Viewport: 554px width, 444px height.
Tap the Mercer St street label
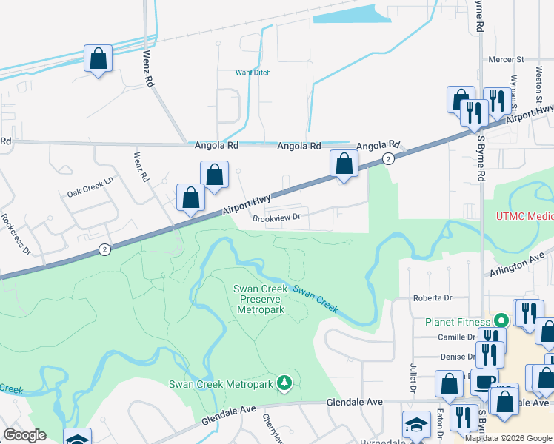(506, 59)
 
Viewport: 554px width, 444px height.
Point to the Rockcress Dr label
(16, 234)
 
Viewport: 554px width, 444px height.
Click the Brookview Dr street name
(276, 218)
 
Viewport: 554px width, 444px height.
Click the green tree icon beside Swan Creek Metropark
(283, 383)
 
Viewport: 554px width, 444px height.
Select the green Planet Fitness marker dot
(501, 321)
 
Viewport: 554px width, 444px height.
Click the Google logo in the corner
(24, 435)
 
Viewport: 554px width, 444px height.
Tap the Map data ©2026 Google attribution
(508, 437)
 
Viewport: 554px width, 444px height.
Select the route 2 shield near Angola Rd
(387, 159)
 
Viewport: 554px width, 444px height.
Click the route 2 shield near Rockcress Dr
(105, 251)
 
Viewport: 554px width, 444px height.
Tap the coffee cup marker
(485, 383)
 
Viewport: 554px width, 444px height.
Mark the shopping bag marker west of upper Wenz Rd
(99, 58)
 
